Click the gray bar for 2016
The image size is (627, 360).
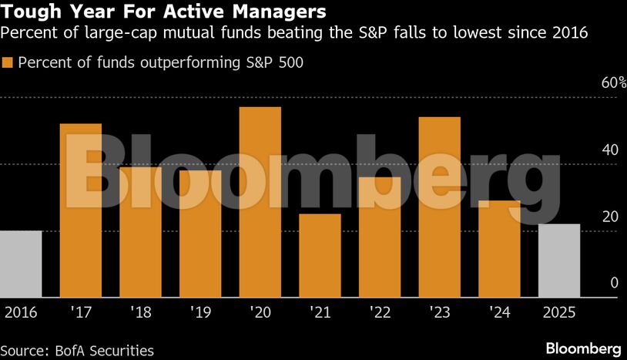(21, 264)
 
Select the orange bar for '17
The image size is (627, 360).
(81, 210)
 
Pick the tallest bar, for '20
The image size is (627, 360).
(260, 202)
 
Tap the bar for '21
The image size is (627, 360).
(320, 255)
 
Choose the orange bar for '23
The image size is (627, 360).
(439, 207)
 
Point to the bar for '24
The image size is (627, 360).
(499, 248)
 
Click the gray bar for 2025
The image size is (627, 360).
(558, 261)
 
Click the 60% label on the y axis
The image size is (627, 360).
(609, 82)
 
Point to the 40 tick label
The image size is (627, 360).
(610, 150)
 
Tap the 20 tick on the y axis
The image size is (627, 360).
(610, 216)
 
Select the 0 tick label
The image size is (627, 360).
(615, 283)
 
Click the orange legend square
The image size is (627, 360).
(8, 62)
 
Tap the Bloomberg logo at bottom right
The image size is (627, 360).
(583, 348)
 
